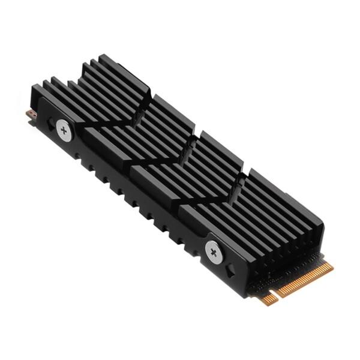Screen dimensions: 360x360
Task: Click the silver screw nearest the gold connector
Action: coord(214,250)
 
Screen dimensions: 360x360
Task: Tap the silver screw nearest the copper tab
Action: coord(64,128)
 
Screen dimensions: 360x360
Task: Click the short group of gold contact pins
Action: coord(269,298)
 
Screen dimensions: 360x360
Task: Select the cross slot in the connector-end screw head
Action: coord(214,250)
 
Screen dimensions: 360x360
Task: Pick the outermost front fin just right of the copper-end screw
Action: coord(90,135)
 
